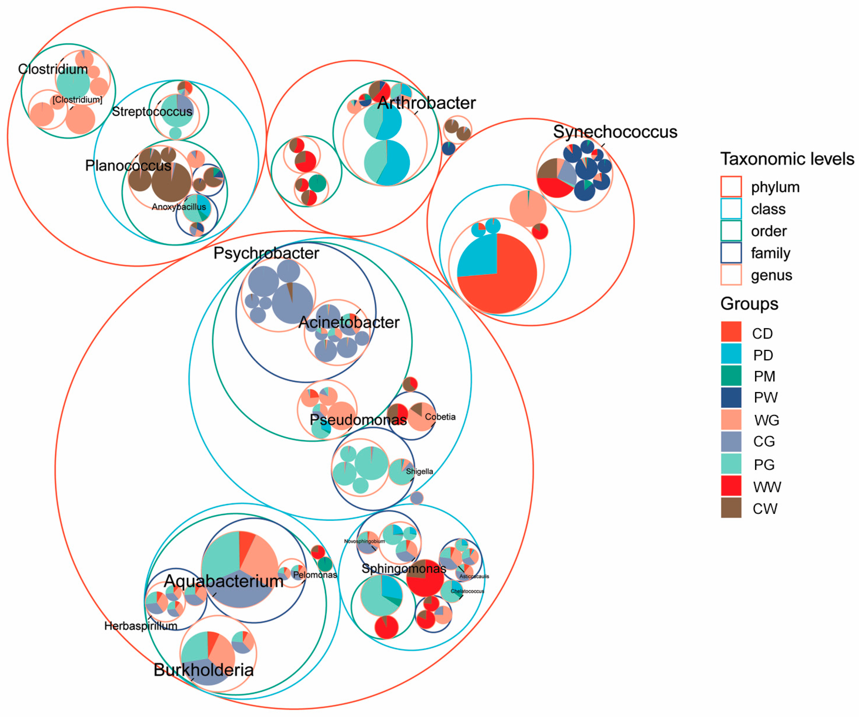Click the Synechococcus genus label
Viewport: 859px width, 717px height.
click(x=615, y=132)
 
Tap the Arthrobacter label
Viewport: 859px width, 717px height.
click(x=426, y=103)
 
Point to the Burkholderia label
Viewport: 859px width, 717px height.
click(x=203, y=670)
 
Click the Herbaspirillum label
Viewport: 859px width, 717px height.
click(x=140, y=626)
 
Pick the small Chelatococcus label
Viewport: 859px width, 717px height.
click(x=467, y=591)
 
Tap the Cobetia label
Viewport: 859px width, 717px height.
click(x=440, y=417)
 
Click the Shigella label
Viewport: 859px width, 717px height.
click(x=419, y=471)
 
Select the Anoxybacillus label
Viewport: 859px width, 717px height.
click(x=179, y=207)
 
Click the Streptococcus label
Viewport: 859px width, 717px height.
click(x=152, y=112)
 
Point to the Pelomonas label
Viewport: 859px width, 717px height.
click(x=315, y=575)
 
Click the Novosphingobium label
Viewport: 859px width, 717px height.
click(x=364, y=541)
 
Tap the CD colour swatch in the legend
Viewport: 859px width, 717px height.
click(x=731, y=332)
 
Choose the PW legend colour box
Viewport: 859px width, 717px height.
click(x=731, y=398)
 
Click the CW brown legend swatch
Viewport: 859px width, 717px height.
click(x=731, y=508)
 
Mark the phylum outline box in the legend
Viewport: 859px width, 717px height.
click(x=731, y=186)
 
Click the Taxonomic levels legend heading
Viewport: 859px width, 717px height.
click(x=786, y=159)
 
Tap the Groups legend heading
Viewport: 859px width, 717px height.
click(x=749, y=304)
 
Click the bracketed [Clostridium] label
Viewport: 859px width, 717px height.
click(x=77, y=100)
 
